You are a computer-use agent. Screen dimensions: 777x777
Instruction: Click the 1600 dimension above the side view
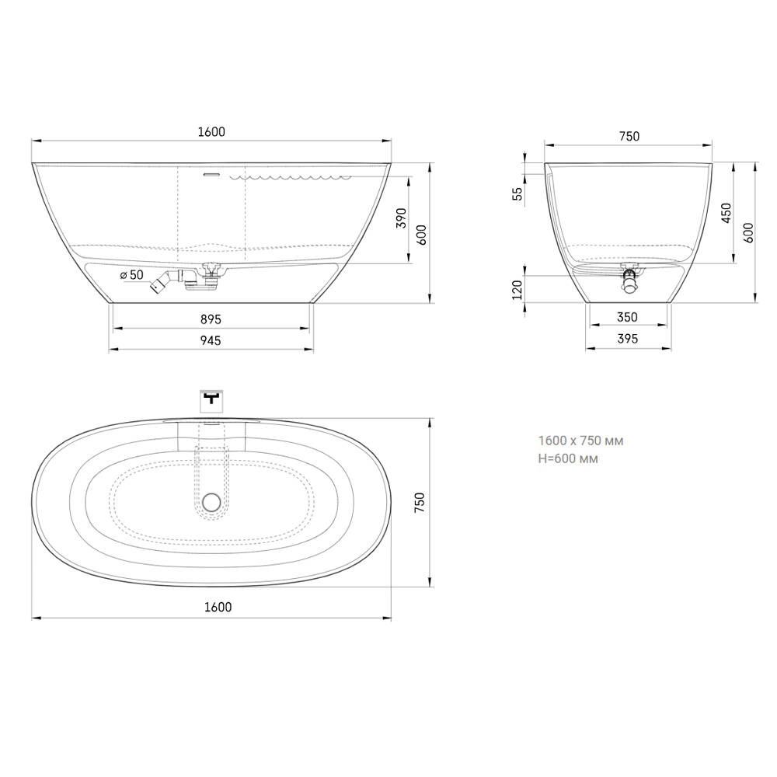(x=211, y=132)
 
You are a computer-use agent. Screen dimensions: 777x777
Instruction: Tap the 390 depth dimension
(x=402, y=218)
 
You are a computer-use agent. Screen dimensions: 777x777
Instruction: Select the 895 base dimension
(x=211, y=319)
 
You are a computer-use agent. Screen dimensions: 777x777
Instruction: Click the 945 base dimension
(x=211, y=341)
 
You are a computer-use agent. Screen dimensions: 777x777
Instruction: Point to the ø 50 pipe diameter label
(x=132, y=275)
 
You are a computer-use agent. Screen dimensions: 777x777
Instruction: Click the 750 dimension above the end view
(x=629, y=136)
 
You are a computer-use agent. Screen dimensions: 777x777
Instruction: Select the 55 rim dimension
(x=517, y=193)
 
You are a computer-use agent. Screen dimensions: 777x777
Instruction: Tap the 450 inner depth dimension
(x=726, y=213)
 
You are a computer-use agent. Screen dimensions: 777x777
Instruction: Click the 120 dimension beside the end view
(x=517, y=290)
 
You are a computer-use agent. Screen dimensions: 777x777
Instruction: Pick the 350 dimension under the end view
(x=627, y=317)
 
